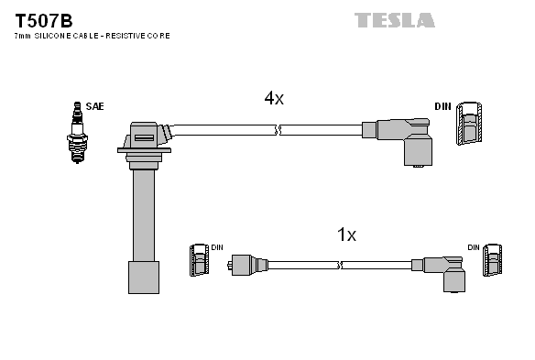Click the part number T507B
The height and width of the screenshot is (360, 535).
[43, 18]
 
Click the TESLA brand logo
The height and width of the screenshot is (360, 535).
[394, 19]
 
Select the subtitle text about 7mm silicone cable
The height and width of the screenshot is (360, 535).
[92, 36]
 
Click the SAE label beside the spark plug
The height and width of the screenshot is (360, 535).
[94, 107]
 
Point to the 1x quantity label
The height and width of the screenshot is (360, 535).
[345, 235]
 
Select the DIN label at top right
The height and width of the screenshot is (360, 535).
[443, 107]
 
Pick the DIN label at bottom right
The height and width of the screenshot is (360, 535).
[473, 247]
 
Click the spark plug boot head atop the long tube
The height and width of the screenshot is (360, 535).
[145, 137]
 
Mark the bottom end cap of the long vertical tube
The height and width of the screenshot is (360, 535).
[143, 276]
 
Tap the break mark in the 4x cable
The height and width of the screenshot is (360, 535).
[278, 131]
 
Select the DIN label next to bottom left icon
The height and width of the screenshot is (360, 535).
[216, 247]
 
